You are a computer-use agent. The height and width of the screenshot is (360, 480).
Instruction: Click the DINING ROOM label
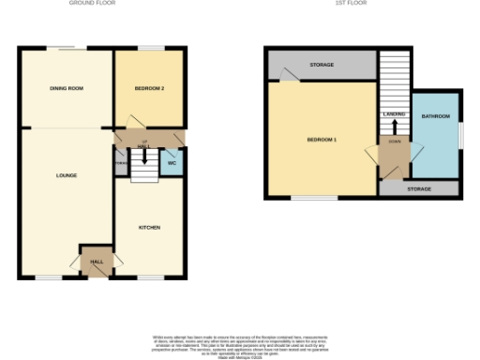tap(67, 88)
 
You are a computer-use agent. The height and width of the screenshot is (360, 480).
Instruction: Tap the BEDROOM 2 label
tap(149, 88)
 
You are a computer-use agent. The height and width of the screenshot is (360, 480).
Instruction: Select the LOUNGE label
tap(67, 175)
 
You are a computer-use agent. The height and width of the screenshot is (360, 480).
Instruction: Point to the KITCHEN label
tap(149, 227)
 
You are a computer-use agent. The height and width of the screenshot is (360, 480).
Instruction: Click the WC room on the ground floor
tap(172, 163)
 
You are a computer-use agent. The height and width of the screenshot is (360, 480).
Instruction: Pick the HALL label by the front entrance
tap(96, 262)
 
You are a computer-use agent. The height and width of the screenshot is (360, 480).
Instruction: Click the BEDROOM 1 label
tap(322, 141)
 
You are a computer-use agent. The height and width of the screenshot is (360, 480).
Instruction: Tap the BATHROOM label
tap(436, 116)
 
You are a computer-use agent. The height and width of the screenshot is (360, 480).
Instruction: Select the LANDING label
tap(395, 114)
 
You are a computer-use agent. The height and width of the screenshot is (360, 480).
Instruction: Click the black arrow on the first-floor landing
tap(395, 127)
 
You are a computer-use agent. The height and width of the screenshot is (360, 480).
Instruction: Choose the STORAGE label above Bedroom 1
tap(322, 65)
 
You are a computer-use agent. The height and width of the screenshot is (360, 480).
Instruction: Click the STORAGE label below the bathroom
tap(419, 189)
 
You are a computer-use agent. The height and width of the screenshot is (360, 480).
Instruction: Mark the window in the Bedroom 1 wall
tap(313, 198)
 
